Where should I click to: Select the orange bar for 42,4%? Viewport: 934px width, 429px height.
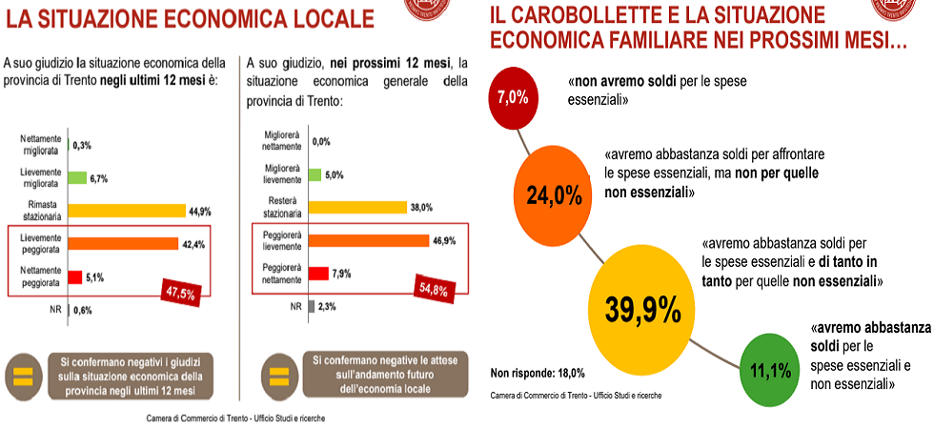click(121, 244)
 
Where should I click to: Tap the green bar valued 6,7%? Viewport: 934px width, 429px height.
click(77, 178)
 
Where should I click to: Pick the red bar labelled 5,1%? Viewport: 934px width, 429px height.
click(74, 277)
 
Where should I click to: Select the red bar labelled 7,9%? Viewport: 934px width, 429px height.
click(316, 274)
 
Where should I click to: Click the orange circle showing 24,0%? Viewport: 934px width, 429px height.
click(554, 195)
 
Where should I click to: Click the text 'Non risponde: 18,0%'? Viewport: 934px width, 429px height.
click(538, 374)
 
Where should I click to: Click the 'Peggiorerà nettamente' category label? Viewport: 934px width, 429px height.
click(280, 273)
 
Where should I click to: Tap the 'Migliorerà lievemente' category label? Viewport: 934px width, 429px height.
click(280, 174)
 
